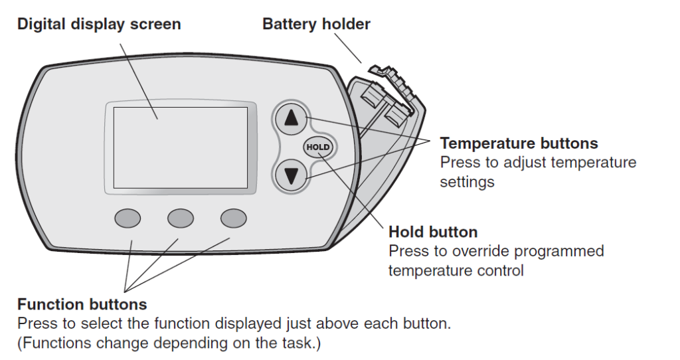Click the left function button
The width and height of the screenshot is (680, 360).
coord(127,218)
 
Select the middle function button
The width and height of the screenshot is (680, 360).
coord(180,218)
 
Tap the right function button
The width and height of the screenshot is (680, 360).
coord(233,218)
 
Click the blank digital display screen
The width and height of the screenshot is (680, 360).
coord(180,147)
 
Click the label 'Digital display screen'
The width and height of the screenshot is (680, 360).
coord(99,25)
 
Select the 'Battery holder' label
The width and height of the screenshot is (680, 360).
coord(316,25)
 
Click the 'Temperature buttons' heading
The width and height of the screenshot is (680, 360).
coord(519,143)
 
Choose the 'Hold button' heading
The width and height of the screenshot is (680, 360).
coord(433,232)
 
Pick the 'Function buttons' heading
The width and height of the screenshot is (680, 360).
coord(82,305)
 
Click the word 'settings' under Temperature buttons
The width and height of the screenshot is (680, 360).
coord(467,181)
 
